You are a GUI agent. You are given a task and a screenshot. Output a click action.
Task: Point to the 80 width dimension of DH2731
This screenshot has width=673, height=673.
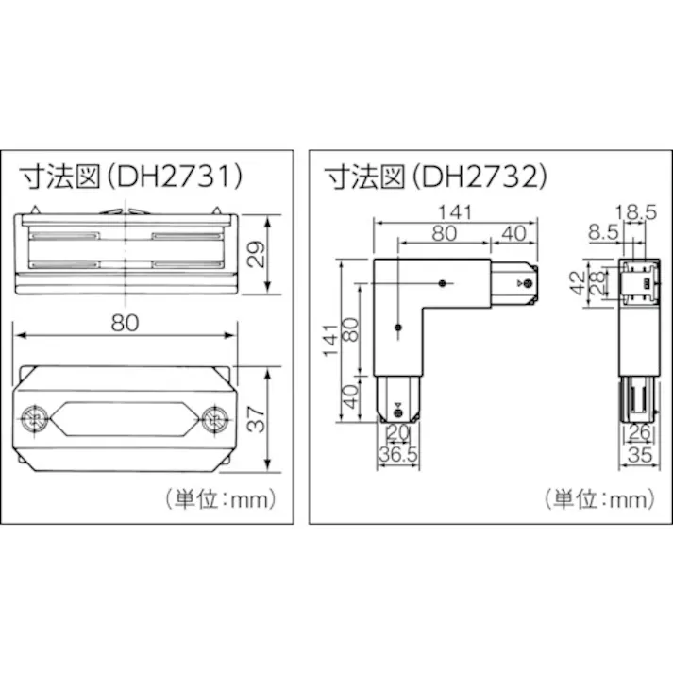point(125,322)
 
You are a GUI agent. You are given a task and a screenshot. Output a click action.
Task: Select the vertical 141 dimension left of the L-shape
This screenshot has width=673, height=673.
point(328,337)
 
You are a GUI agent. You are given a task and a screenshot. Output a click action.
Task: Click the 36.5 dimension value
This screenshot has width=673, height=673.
point(398,455)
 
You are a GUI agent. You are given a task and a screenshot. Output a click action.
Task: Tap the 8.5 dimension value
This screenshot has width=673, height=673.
point(601,230)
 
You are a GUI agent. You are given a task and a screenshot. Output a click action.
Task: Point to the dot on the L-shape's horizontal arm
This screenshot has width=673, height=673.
point(443,281)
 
